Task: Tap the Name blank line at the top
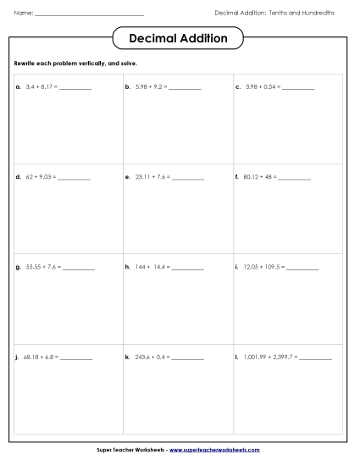coord(90,15)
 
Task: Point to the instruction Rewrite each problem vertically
coord(76,64)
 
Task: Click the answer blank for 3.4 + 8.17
coord(75,88)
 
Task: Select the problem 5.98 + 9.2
coord(149,86)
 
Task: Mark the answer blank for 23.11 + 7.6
coord(187,179)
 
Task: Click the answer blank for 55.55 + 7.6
coord(78,269)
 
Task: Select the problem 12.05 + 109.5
coord(263,267)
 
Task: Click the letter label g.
coord(18,267)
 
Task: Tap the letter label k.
coord(127,358)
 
